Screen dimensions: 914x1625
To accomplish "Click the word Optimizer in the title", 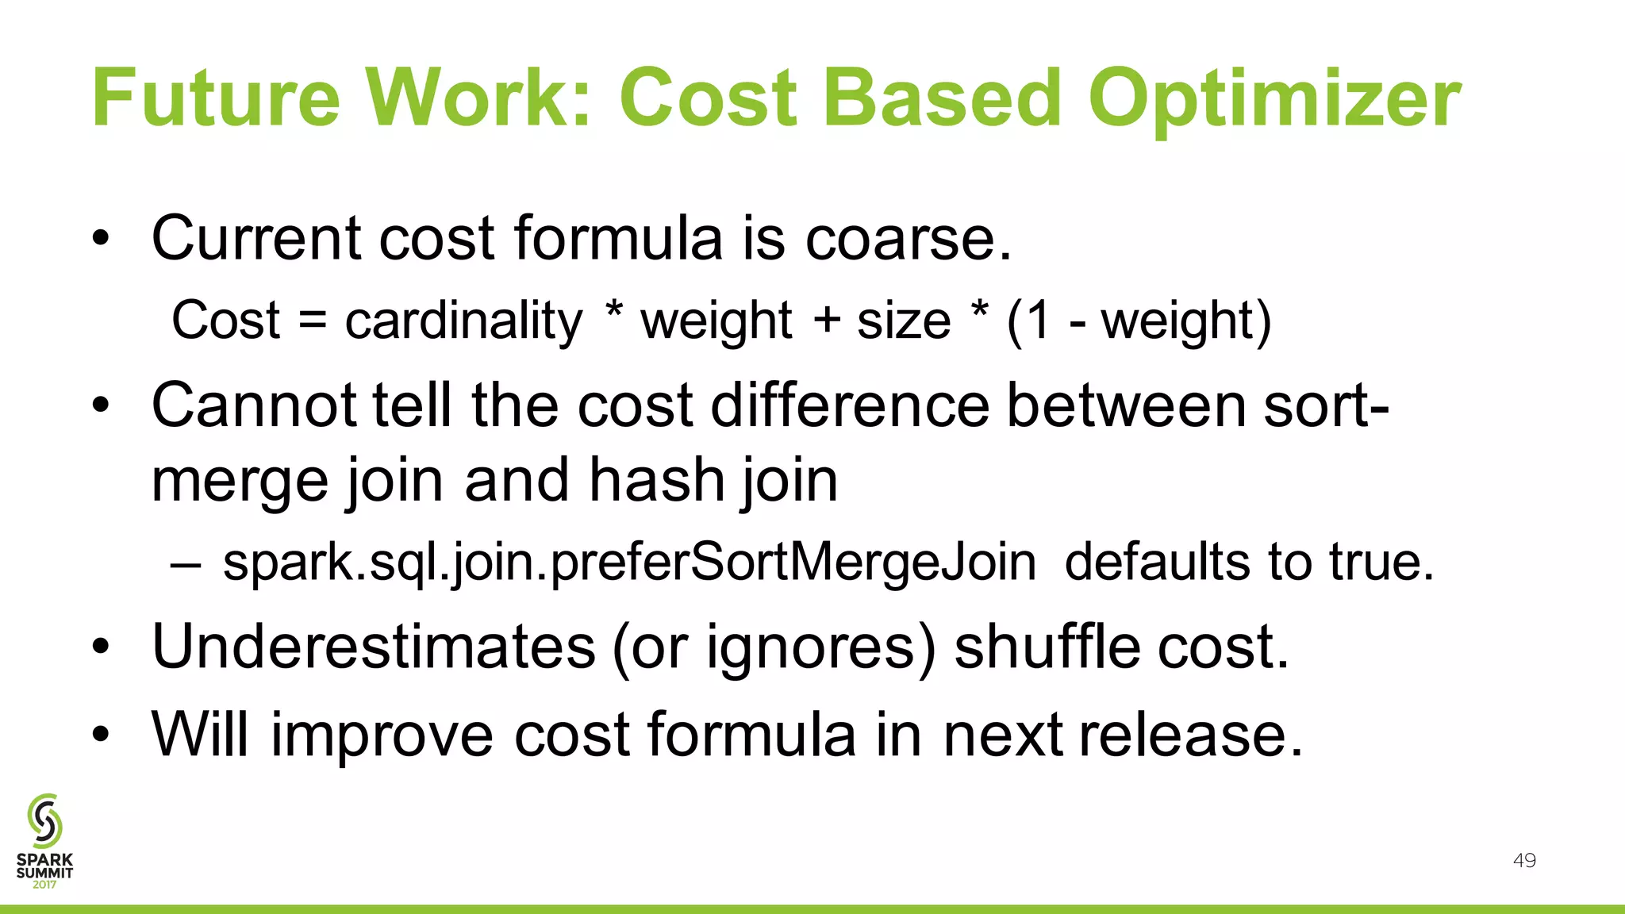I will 1274,100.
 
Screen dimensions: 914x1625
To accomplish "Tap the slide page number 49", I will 1524,861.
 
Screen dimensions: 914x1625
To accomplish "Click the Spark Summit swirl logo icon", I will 44,820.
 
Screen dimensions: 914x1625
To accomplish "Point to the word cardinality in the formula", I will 463,321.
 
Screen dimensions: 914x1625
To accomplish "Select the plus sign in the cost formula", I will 826,321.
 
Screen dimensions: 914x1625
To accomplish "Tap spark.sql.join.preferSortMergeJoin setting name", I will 629,563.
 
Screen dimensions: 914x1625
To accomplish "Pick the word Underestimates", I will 373,647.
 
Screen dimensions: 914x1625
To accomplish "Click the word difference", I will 850,405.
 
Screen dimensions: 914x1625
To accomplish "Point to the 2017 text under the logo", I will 44,885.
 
